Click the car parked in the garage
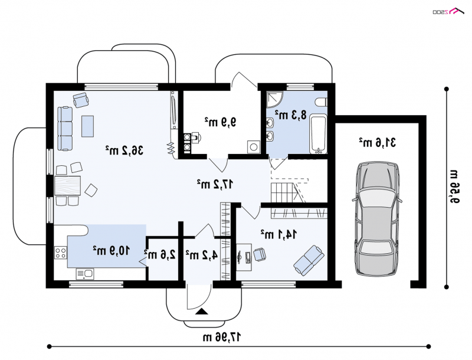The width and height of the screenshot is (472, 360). click(378, 219)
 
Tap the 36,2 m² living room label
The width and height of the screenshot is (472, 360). click(124, 150)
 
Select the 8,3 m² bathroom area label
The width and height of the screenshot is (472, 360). click(291, 114)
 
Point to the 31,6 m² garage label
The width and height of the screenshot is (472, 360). click(377, 142)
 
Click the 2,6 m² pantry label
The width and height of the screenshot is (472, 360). click(160, 254)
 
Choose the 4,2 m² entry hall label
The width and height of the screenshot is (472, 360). click(201, 255)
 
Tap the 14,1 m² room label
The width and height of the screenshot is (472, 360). click(278, 234)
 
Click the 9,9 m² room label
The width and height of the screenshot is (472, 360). click(220, 122)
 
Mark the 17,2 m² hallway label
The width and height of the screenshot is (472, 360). click(215, 184)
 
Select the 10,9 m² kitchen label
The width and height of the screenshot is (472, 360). click(112, 250)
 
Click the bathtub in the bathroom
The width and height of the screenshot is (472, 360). click(318, 133)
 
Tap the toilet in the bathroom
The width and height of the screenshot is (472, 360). click(321, 102)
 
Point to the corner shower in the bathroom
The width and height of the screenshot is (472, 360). click(274, 99)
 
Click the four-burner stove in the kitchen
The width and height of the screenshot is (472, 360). click(61, 252)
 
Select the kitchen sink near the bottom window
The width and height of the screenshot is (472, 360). click(85, 274)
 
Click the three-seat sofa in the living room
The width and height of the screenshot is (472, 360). click(65, 129)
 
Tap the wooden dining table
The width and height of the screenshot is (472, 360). click(68, 186)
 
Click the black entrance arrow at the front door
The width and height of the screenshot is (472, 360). click(202, 312)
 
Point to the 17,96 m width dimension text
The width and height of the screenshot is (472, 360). click(222, 337)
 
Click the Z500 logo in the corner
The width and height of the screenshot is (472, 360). click(448, 11)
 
